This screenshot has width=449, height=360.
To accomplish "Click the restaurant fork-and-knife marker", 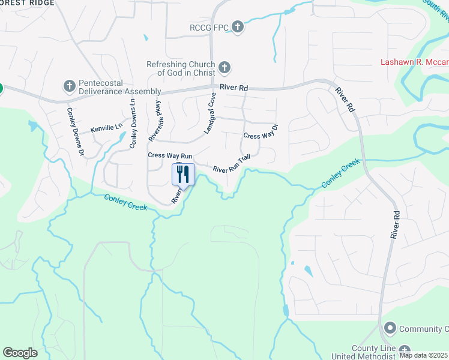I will pos(184,175).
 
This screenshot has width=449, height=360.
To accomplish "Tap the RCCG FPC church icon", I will pos(238,26).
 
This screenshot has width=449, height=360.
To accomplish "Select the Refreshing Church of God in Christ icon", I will pos(224,67).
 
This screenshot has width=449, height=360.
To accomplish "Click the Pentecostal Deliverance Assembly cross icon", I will pos(68,86).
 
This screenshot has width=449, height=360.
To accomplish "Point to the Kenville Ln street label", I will pos(106,128).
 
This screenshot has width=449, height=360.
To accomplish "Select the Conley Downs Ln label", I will pos(133,122).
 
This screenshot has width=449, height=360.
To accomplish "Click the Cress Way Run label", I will pos(170,155).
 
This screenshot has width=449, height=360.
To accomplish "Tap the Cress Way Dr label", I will pos(261,132).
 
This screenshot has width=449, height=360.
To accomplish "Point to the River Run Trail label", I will pos(231,165).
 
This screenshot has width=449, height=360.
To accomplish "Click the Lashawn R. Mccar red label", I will pos(414,62).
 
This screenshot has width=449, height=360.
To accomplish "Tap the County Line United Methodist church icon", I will pos(405,350).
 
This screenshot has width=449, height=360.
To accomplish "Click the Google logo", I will pos(20,353).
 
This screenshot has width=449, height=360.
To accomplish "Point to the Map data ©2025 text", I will pos(424,355).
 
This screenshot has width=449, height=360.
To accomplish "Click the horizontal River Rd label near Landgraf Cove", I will pos(234,88).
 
